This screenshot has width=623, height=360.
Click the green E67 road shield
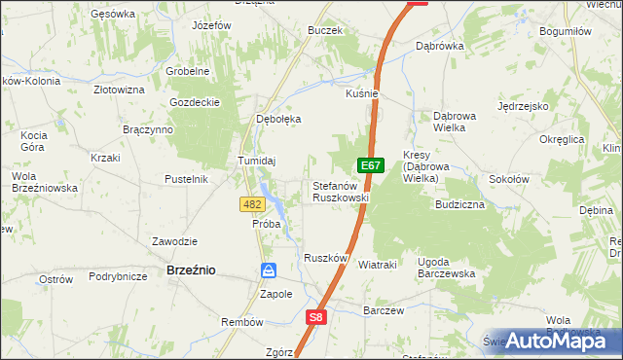coord(369,166)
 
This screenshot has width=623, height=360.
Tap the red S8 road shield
coord(316,316)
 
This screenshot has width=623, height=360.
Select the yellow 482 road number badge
coord(251,203)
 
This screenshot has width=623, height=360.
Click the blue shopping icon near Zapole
coord(269,270)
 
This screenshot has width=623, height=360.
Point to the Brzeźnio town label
coord(191,271)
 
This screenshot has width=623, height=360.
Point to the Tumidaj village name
coord(258,161)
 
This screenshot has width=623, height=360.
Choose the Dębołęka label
coord(278,119)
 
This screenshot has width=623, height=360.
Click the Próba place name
coord(267,224)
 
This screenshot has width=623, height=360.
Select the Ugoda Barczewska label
coord(446,268)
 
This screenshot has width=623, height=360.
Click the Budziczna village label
coord(460,205)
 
